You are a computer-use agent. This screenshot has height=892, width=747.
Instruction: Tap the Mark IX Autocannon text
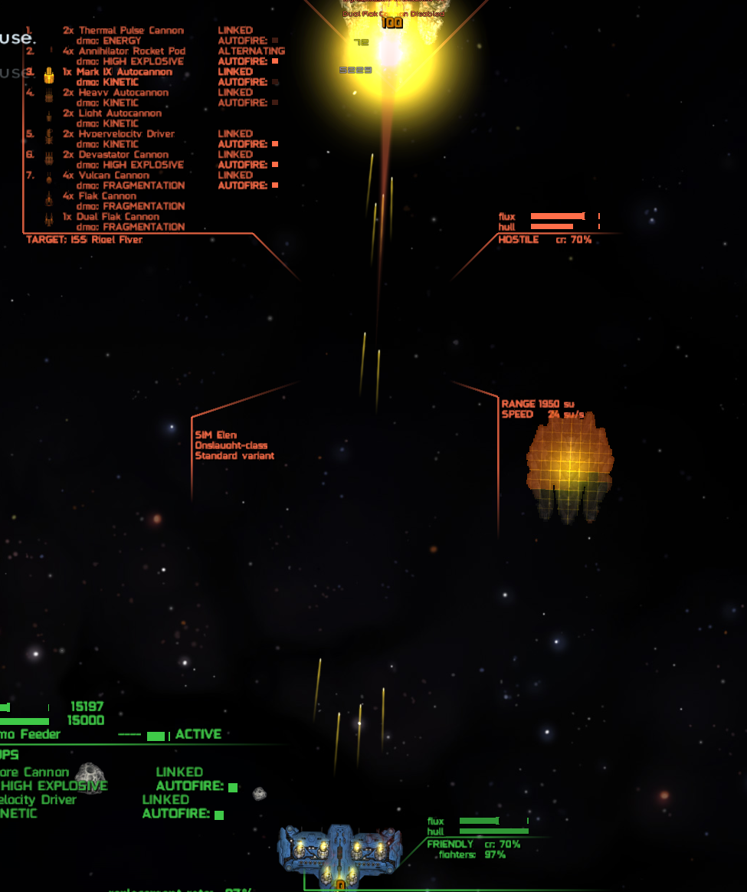(x=124, y=72)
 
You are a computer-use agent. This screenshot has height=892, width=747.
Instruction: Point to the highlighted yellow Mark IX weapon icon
(x=49, y=75)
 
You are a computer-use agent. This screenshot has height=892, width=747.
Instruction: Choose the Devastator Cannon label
(x=123, y=155)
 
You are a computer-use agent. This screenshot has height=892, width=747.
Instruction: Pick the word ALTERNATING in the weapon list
(x=251, y=51)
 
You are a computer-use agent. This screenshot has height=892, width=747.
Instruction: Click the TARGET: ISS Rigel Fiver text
(x=84, y=240)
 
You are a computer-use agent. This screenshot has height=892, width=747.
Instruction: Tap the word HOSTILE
(x=519, y=240)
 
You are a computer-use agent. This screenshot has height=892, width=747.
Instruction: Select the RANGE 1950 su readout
(x=538, y=404)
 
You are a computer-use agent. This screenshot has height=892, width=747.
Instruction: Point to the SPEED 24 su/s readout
(x=543, y=415)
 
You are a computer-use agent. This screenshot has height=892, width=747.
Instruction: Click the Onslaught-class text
(x=231, y=445)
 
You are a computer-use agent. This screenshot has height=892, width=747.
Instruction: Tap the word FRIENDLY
(x=450, y=844)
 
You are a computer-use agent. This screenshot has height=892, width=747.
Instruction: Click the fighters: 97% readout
(x=472, y=854)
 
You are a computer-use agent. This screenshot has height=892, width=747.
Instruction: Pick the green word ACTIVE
(x=198, y=734)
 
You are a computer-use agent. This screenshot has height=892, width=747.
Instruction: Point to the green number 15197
(x=87, y=707)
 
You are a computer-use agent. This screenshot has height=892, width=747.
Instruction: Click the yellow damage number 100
(x=392, y=23)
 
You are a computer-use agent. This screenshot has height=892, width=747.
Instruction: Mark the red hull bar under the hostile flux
(x=552, y=227)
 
